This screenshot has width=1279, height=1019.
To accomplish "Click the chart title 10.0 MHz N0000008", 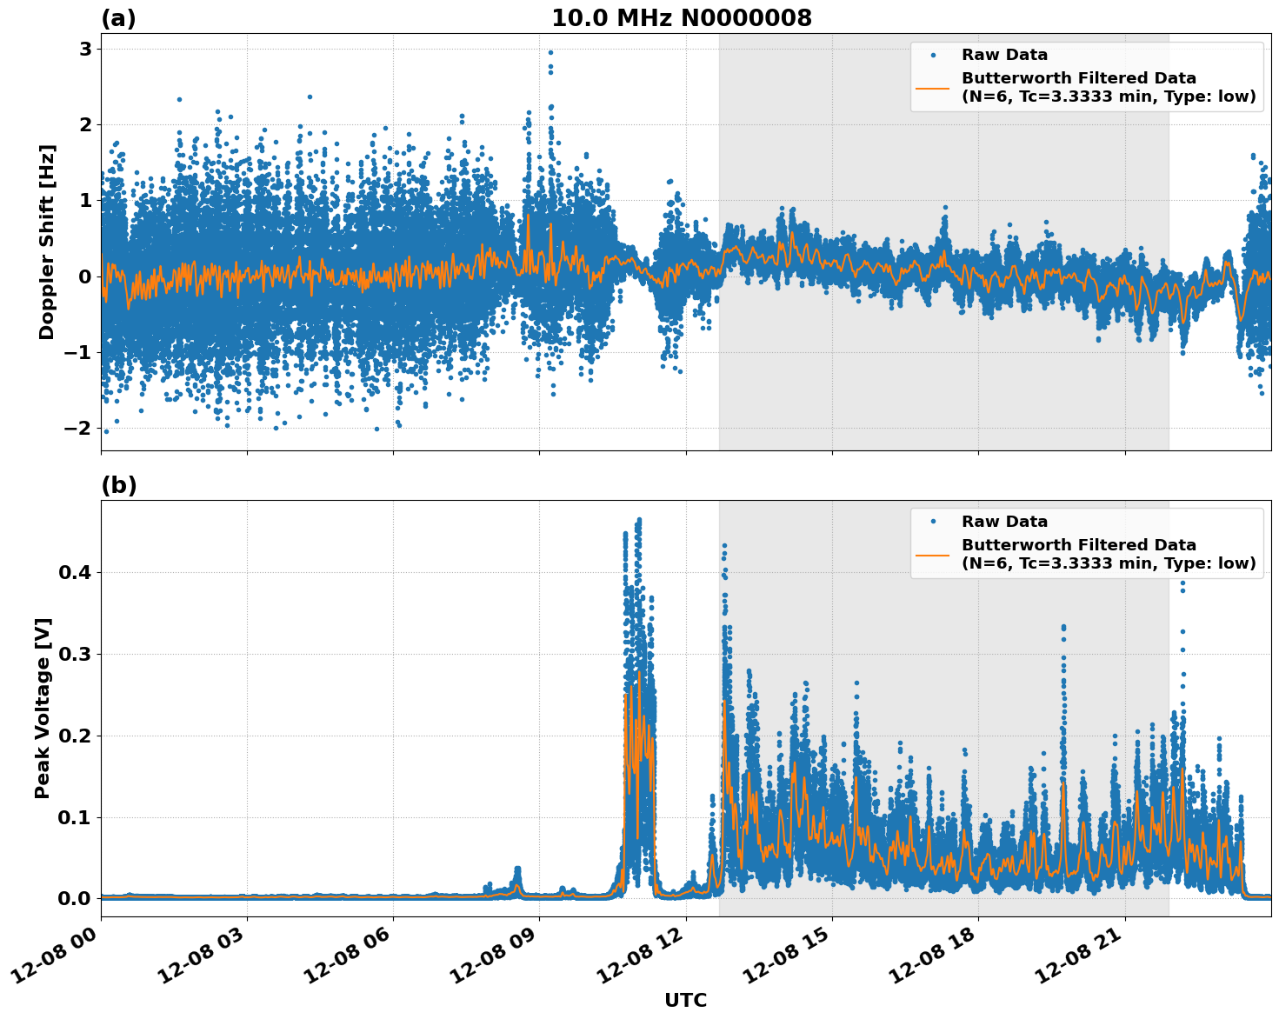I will tap(681, 18).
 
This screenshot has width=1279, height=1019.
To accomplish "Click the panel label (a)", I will tap(118, 18).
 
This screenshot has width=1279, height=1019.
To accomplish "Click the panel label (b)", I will tap(118, 485).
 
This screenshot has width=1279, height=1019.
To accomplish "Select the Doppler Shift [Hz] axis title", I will tap(47, 242).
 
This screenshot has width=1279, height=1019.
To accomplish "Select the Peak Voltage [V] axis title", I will tap(43, 708).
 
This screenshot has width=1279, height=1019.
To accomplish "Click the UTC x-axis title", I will tap(685, 1000).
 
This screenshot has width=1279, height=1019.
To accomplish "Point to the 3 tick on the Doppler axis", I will tap(85, 50).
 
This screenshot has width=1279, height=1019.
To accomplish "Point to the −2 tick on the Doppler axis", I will tap(79, 429).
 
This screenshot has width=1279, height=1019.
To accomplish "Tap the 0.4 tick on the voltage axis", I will tap(77, 573).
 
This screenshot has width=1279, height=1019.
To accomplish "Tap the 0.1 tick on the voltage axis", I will tap(77, 817).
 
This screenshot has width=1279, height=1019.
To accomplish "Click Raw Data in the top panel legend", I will tap(1004, 55).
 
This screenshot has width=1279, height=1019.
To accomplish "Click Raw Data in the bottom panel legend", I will tap(1004, 522).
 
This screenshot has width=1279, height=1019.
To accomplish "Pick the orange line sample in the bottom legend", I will tap(934, 554).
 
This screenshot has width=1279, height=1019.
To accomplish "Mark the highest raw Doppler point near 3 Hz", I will tap(550, 52).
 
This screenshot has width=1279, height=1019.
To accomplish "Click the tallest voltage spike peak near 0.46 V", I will tap(639, 520).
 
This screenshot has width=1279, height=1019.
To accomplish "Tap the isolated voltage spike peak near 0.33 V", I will tap(1063, 627).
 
